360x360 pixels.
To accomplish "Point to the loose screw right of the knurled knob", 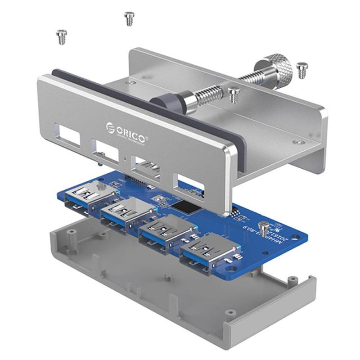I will click(302, 70).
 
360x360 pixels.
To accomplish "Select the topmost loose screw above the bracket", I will click(129, 18).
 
